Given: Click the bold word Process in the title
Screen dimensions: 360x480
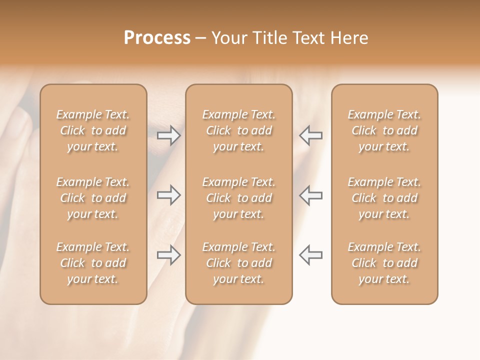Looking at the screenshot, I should coord(157,38).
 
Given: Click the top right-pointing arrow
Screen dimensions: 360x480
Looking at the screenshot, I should coord(168,135).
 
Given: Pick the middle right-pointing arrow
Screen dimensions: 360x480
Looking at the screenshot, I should coord(168,195).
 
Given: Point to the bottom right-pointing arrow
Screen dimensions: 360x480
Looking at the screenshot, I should coord(168,255).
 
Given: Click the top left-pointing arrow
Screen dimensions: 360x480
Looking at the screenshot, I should coord(311,135).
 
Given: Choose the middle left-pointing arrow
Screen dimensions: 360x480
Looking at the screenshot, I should coord(311,195).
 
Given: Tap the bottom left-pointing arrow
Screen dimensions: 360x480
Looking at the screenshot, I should coord(311,255).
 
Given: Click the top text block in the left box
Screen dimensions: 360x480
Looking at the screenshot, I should coord(93,130).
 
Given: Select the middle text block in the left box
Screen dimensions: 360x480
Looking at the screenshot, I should coord(93,198).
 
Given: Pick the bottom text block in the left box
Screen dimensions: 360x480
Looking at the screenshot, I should coord(93,263).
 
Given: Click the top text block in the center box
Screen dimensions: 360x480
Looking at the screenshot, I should coord(238,130).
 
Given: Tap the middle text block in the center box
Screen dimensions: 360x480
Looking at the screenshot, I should coord(238,198).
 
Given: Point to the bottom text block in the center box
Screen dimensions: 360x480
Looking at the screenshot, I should coord(238,263).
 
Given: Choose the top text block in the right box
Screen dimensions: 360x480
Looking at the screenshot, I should coord(384,130).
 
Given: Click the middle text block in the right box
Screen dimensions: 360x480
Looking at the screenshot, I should coord(384,198).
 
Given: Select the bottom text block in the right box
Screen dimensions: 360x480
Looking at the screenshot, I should coord(384,263).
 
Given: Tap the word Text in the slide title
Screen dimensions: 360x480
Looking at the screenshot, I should coord(308,38).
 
